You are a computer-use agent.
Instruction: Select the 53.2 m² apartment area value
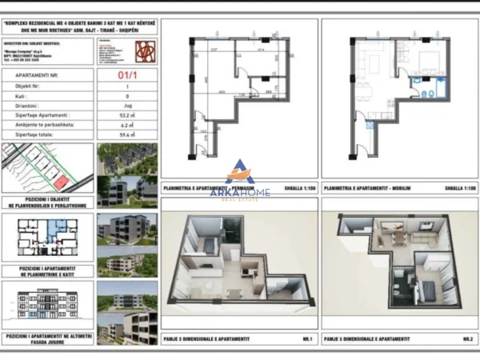pyautogui.click(x=126, y=115)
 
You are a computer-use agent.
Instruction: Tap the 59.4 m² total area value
pyautogui.click(x=126, y=135)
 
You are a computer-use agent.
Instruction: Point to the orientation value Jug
pyautogui.click(x=126, y=105)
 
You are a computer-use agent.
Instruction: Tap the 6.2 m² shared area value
pyautogui.click(x=126, y=125)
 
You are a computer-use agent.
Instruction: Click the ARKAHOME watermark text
pyautogui.click(x=240, y=192)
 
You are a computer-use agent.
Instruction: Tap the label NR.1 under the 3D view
pyautogui.click(x=305, y=339)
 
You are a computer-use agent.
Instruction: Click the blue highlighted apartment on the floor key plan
pyautogui.click(x=53, y=229)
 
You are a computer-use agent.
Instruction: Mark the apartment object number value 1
pyautogui.click(x=126, y=85)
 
